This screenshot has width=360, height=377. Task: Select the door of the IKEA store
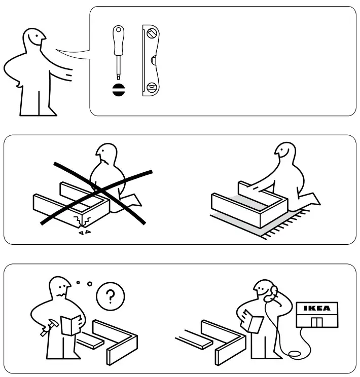(x=316, y=323)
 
